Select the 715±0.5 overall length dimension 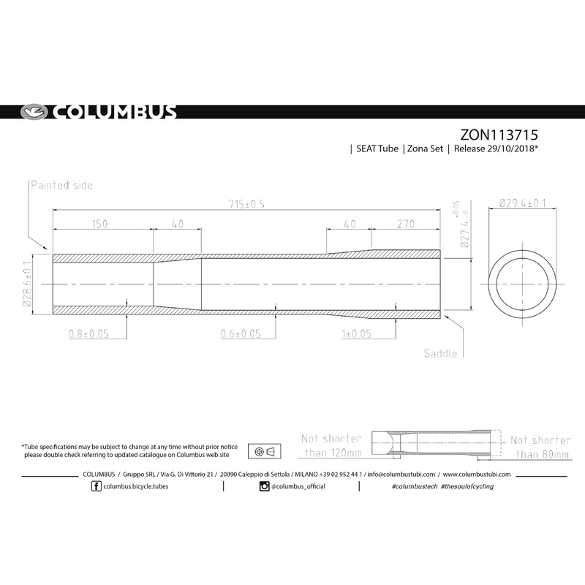point(245,204)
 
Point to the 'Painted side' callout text point(61,186)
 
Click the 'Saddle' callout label point(440,353)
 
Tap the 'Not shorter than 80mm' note point(540,447)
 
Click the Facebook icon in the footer point(97,487)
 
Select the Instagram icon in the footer point(264,487)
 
